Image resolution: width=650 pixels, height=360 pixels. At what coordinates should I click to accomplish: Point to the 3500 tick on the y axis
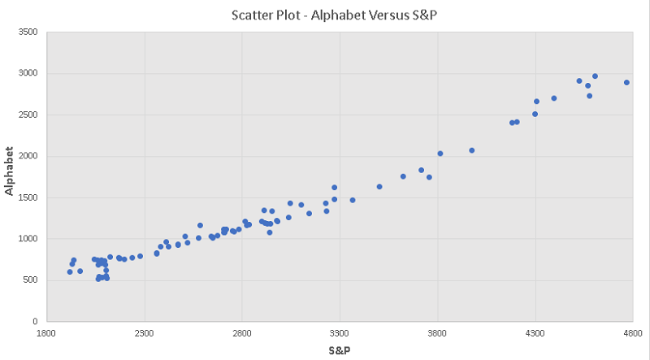pos(28,33)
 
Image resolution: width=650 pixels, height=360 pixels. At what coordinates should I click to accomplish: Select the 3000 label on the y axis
pos(28,74)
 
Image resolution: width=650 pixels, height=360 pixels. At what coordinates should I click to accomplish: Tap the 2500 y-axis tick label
pos(28,115)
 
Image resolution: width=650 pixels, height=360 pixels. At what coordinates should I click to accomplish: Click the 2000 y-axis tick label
pos(28,157)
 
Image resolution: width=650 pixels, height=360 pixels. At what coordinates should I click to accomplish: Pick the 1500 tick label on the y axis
pos(28,198)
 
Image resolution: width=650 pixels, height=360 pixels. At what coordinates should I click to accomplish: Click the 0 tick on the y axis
pos(36,322)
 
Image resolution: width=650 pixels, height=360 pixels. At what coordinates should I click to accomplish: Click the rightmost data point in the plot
pos(626,82)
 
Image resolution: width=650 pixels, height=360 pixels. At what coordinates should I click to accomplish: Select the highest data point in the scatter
pos(595,76)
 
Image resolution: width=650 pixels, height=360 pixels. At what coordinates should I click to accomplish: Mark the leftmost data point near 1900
pos(70,272)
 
